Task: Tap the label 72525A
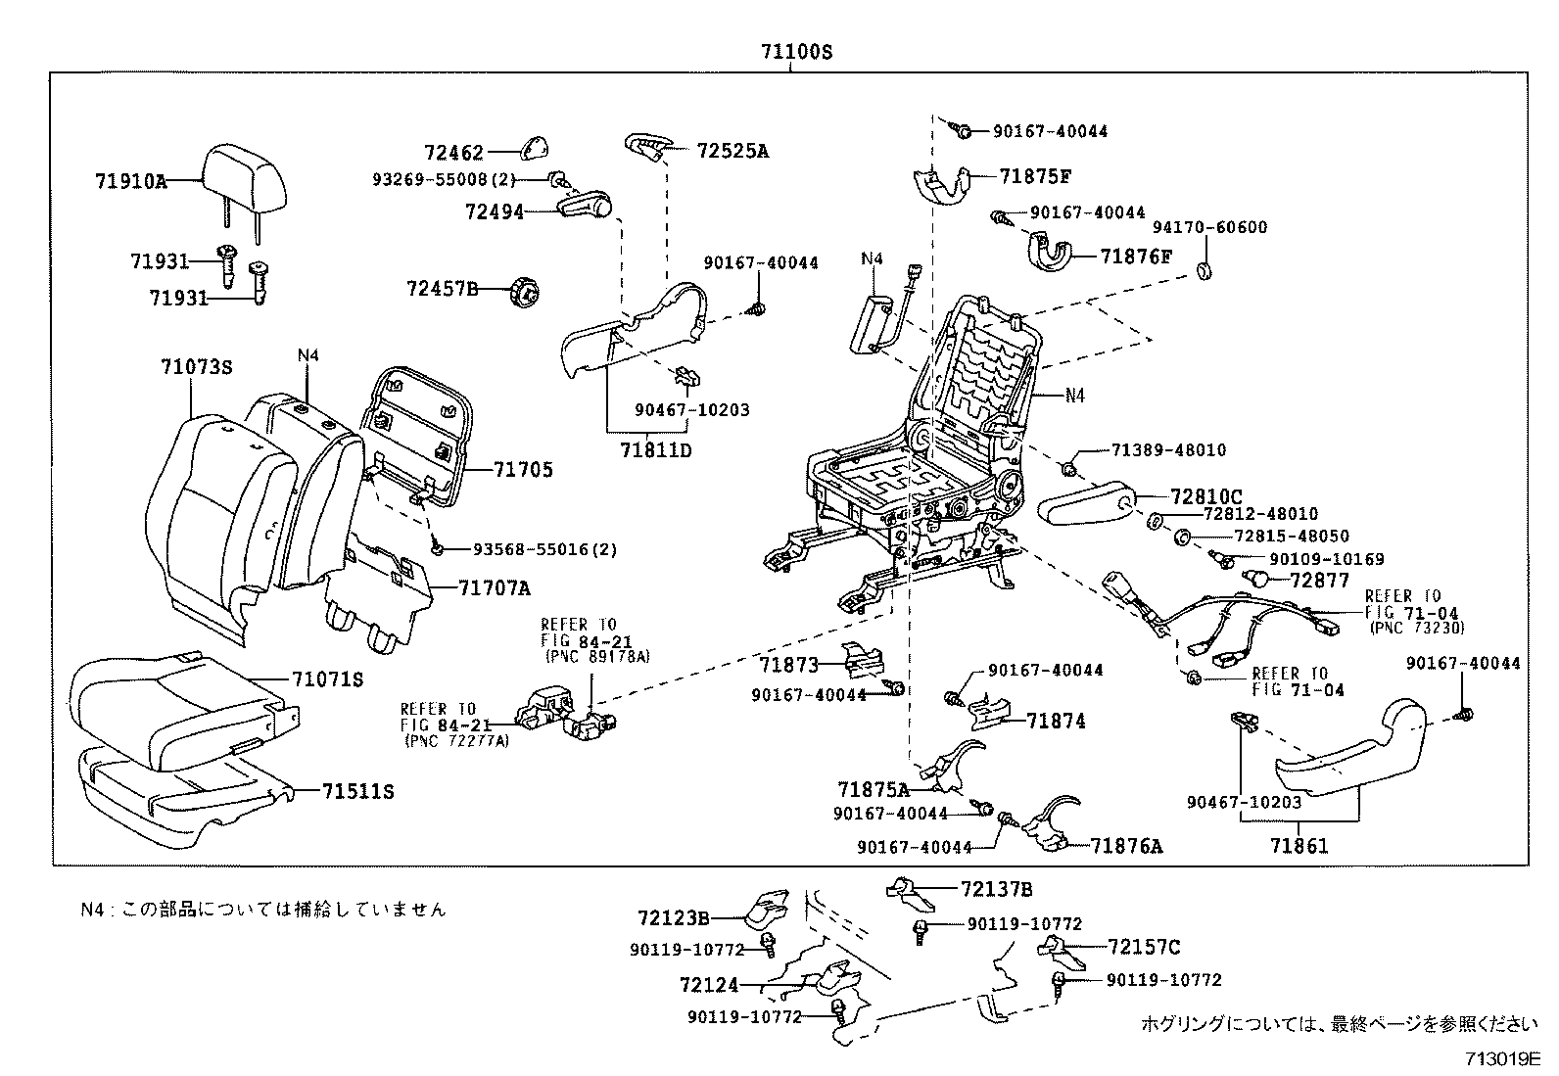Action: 732,151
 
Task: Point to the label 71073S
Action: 196,367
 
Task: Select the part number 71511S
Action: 357,791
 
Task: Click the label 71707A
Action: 494,588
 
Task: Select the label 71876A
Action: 1127,846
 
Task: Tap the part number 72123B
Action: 674,917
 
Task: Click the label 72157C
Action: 1144,947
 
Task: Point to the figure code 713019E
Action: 1503,1058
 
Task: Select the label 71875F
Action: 1035,176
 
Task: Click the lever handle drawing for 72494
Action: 585,207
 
